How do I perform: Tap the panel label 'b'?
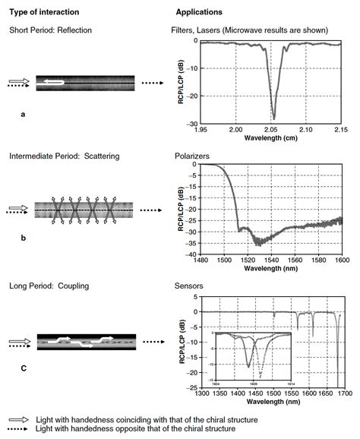(24, 238)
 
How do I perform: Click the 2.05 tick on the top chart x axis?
(271, 130)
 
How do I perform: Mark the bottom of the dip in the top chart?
(273, 118)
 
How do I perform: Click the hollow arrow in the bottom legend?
(14, 420)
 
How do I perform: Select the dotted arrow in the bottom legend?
(14, 429)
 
